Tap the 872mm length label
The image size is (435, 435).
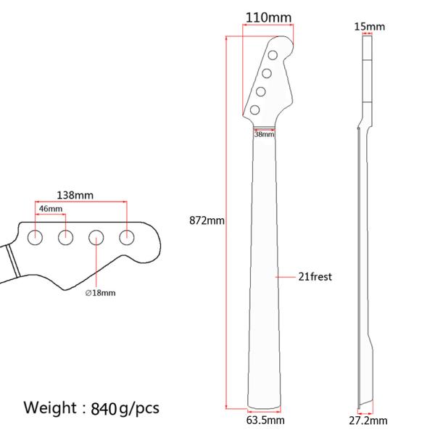[x=207, y=220]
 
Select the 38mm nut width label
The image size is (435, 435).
[x=264, y=134]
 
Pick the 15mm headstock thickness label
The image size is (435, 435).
[x=370, y=27]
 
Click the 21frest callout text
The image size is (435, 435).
[x=315, y=276]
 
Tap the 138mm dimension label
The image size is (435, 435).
[x=75, y=195]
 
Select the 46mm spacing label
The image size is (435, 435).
[x=50, y=209]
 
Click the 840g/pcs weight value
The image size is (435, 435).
[x=125, y=408]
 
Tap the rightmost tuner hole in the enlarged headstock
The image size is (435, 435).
[x=128, y=236]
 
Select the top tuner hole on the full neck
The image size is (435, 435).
[x=272, y=55]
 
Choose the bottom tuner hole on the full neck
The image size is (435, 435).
[x=255, y=109]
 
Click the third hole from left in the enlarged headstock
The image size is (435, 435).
[x=96, y=236]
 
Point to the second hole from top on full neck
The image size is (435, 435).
[x=266, y=73]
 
